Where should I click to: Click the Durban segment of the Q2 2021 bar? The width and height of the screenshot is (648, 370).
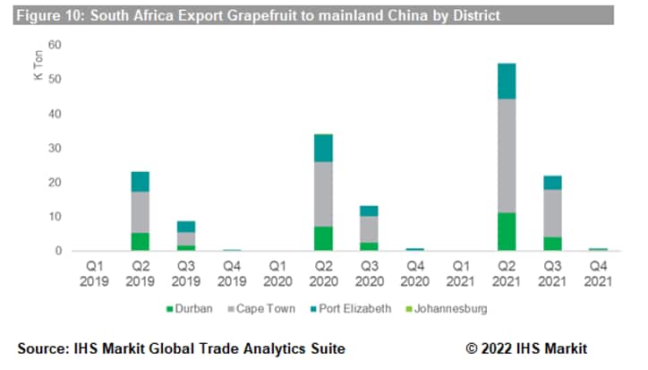click(x=506, y=231)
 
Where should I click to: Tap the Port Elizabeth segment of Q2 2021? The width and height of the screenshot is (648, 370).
click(x=506, y=81)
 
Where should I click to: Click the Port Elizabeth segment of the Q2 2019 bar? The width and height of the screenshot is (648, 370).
click(x=140, y=182)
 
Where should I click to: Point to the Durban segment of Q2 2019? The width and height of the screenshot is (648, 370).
click(x=140, y=241)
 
